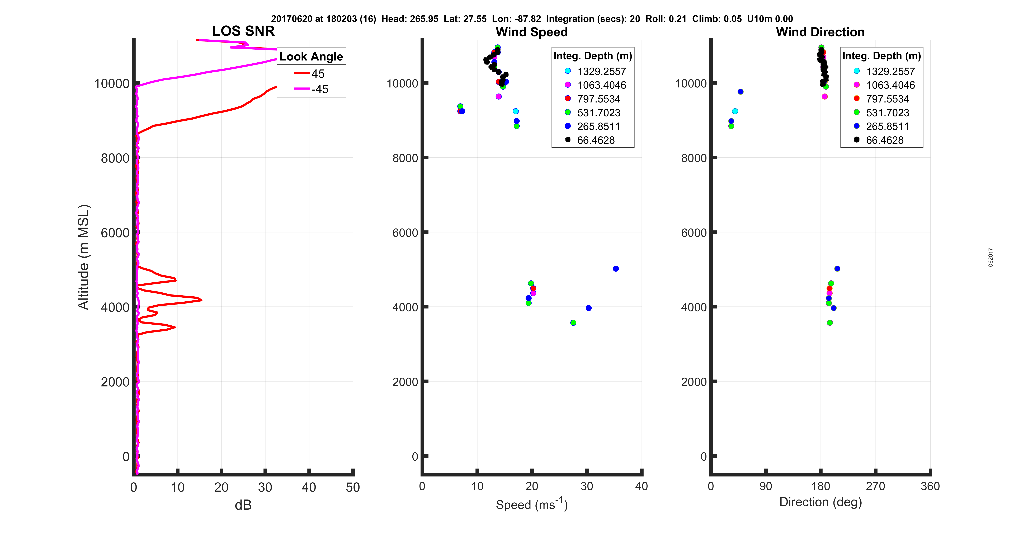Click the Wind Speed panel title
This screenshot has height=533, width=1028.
pos(532,32)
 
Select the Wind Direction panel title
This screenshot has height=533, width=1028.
pos(820,32)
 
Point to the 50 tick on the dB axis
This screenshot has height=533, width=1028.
pos(353,487)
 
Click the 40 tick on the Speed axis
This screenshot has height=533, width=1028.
pos(641,486)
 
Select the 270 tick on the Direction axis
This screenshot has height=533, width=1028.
pos(876,486)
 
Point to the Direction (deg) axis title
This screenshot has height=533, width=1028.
pos(820,502)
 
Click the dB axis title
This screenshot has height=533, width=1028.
pos(243,505)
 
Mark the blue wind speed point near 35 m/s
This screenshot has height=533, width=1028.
pos(616,269)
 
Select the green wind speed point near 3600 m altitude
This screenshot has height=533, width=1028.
pos(573,323)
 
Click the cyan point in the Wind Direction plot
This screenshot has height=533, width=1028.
pos(735,111)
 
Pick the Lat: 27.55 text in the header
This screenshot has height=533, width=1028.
pos(465,19)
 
